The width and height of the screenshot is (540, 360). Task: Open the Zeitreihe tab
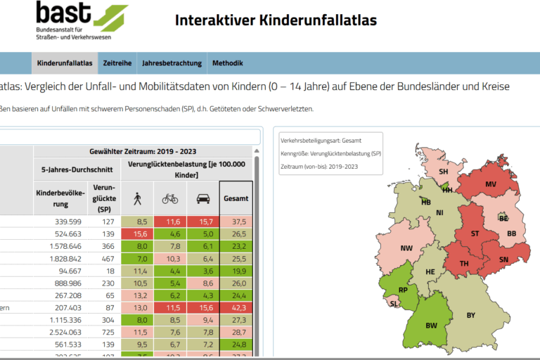coord(117,63)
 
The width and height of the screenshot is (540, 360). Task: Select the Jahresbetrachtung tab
coord(172,63)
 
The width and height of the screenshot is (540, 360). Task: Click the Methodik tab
coord(227,63)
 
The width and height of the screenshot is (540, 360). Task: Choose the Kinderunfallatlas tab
coord(65,63)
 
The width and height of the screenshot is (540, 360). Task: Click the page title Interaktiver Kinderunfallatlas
coord(276,20)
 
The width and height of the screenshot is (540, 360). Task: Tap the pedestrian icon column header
coord(137,199)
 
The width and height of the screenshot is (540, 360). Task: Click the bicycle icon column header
coord(170,199)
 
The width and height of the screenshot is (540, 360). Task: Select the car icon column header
coord(203,199)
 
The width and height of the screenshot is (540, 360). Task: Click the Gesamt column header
coord(236,199)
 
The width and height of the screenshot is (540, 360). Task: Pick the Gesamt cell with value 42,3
coord(236,307)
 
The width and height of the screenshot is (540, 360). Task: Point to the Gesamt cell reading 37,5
coord(236,221)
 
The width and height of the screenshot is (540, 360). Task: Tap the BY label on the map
coord(471,315)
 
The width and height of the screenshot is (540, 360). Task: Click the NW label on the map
coord(406,248)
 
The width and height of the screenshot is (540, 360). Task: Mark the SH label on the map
coord(444,171)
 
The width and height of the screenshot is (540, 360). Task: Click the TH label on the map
coord(464,264)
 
